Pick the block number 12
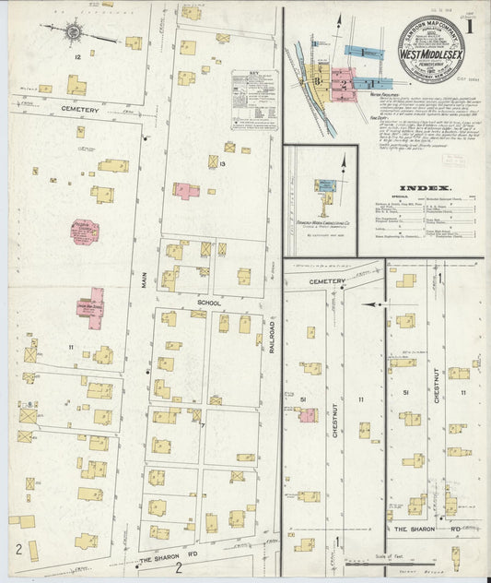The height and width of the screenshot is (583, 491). [78, 57]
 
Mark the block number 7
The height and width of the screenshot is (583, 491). [203, 424]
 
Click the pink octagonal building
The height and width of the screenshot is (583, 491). [86, 231]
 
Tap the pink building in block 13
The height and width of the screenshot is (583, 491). [186, 190]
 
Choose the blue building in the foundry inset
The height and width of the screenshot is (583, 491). [327, 185]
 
